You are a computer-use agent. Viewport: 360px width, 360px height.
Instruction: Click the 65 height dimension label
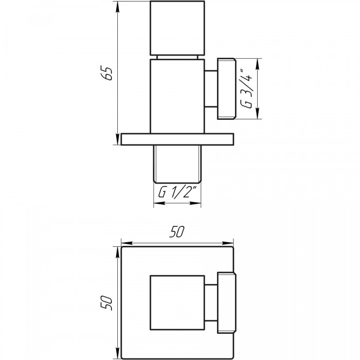(x=107, y=73)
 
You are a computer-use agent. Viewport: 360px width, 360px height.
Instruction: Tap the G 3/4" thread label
(x=247, y=88)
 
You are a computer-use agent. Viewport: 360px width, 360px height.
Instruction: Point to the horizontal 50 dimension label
(x=176, y=231)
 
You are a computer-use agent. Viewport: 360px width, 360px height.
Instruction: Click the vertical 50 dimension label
(x=106, y=303)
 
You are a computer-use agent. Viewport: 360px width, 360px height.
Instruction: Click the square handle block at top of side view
(x=177, y=28)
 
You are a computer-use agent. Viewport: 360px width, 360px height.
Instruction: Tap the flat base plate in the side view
(x=177, y=139)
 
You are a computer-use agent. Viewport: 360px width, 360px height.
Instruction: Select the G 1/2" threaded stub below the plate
(x=177, y=164)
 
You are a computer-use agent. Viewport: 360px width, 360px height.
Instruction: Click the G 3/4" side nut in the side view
(x=227, y=88)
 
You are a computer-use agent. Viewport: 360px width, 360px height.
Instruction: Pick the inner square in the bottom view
(x=177, y=302)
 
